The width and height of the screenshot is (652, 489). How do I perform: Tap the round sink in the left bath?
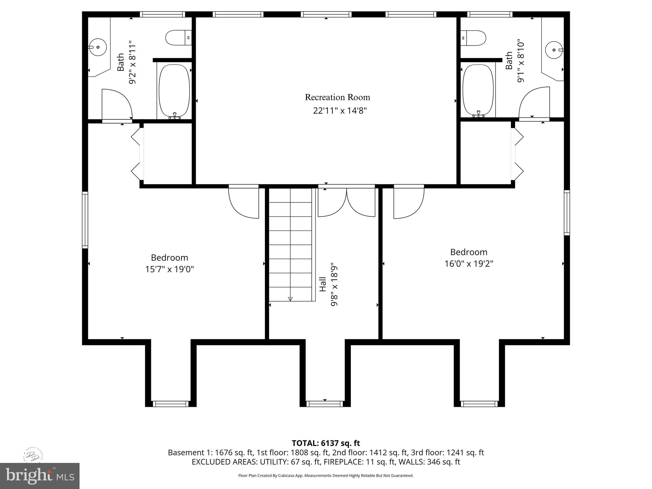coord(97,47)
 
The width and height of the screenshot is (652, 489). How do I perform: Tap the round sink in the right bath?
coord(554,50)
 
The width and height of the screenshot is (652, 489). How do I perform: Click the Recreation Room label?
coord(337,97)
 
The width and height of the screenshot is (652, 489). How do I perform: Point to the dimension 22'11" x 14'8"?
coord(340,111)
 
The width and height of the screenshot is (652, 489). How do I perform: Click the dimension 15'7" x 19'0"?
coord(169,269)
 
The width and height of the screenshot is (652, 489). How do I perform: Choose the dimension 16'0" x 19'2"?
coord(469,264)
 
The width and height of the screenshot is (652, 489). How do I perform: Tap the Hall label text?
coord(323,284)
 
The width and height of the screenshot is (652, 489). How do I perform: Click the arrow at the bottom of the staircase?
coord(290,299)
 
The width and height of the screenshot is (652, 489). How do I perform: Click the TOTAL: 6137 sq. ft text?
coord(326,443)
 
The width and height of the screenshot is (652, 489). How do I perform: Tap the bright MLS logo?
coord(39,476)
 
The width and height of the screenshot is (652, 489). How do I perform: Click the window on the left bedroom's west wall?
coord(85,220)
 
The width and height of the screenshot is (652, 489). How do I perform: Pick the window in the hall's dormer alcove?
coord(325,404)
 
